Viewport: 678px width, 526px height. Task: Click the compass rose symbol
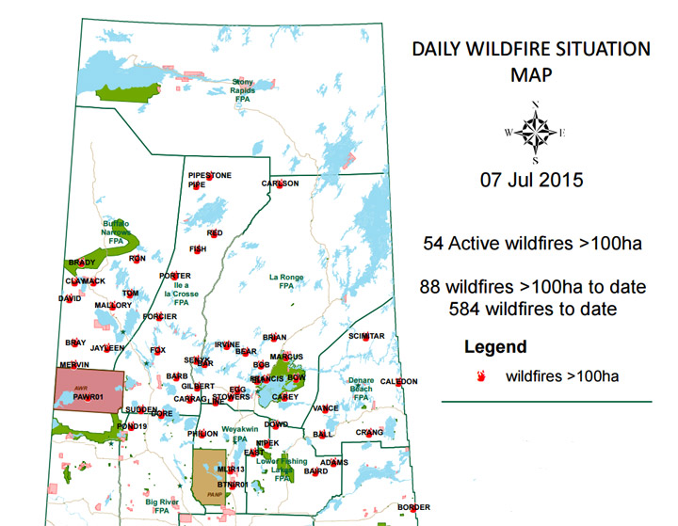pyautogui.click(x=535, y=132)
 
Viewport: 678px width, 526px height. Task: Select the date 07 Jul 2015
pyautogui.click(x=531, y=180)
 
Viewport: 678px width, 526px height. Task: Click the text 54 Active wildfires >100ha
pyautogui.click(x=534, y=244)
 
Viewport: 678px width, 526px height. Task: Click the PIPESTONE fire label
pyautogui.click(x=209, y=176)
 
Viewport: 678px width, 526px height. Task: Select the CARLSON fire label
pyautogui.click(x=280, y=183)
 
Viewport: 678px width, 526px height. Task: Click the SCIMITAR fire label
pyautogui.click(x=366, y=336)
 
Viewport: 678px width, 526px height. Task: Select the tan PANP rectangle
pyautogui.click(x=210, y=478)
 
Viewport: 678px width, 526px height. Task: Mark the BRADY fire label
pyautogui.click(x=82, y=263)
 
